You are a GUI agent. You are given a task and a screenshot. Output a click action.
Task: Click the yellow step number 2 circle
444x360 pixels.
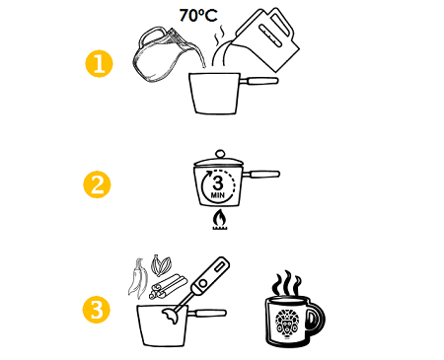pos(95,183)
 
